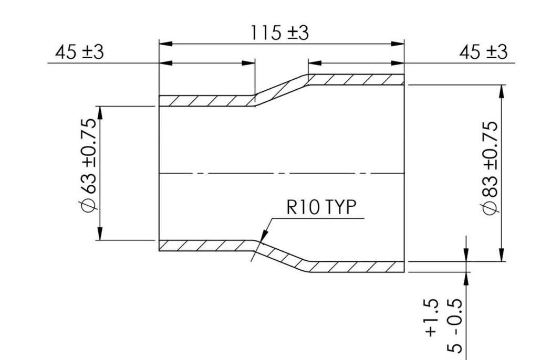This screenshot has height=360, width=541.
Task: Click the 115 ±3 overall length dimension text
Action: coord(279,33)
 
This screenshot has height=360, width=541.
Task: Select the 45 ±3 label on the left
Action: coord(79,52)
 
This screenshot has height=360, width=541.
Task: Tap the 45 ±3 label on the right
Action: coord(483,52)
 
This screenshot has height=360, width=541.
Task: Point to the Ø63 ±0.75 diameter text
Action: coord(89,165)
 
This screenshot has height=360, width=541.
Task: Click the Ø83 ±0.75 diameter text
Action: coord(491,168)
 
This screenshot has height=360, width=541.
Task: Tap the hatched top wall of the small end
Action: coord(207,101)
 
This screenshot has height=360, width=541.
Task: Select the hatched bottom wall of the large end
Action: coord(356,267)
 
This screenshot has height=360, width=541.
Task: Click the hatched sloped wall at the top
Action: coord(282,90)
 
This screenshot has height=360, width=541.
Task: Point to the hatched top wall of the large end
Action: coord(356,80)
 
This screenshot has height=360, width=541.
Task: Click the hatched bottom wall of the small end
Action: coord(207,246)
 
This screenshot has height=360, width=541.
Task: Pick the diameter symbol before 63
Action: coord(89,206)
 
